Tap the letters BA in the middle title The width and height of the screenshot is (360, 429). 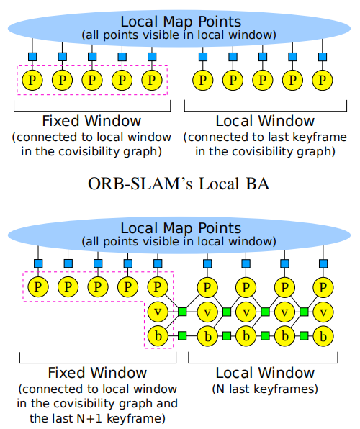[x=258, y=184]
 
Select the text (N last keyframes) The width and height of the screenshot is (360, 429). [x=265, y=389]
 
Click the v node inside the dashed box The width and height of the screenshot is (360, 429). [x=158, y=312]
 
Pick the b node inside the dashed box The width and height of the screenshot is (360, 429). [x=158, y=335]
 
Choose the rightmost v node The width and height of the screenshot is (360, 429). [x=323, y=312]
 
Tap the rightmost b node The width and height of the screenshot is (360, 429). [x=323, y=336]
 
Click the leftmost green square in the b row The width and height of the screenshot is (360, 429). [x=182, y=335]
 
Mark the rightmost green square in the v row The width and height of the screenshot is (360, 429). [x=304, y=312]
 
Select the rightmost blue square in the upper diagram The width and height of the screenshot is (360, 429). [x=323, y=57]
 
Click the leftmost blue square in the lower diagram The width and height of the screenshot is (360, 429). [x=38, y=263]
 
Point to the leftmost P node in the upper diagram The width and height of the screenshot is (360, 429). [x=32, y=80]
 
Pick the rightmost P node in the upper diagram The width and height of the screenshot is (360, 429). [x=323, y=80]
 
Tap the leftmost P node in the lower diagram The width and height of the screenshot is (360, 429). [x=38, y=286]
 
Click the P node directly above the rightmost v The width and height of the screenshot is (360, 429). [x=323, y=287]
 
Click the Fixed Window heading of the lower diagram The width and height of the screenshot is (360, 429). [x=97, y=373]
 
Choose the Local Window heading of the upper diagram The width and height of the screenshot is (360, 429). [x=265, y=121]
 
